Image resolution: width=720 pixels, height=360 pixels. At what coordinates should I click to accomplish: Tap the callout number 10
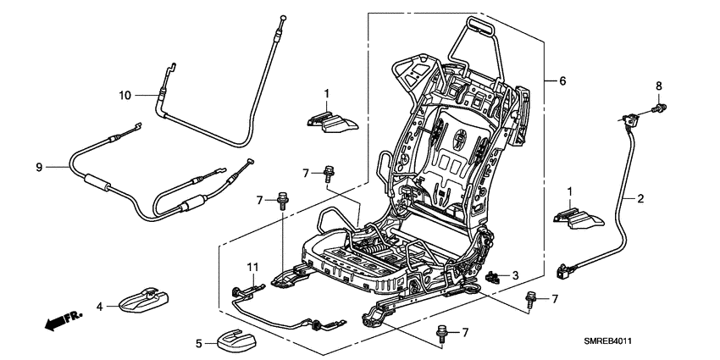pyautogui.click(x=125, y=96)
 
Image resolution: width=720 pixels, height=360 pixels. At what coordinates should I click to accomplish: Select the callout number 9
pyautogui.click(x=38, y=168)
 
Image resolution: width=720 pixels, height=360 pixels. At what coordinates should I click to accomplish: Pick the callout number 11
pyautogui.click(x=252, y=268)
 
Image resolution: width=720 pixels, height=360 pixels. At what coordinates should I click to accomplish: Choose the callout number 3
pyautogui.click(x=517, y=276)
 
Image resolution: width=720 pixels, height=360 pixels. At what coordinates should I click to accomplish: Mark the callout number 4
pyautogui.click(x=99, y=306)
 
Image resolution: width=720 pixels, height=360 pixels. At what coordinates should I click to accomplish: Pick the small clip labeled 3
pyautogui.click(x=494, y=275)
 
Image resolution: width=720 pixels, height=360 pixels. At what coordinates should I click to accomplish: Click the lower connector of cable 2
pyautogui.click(x=562, y=272)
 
